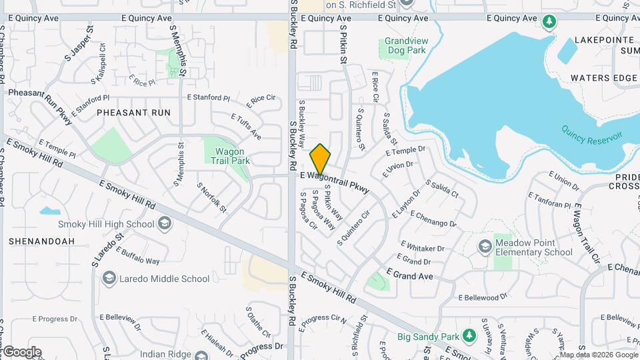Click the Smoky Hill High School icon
[x=163, y=224]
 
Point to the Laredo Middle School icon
[x=109, y=279]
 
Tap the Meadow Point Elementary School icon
[x=485, y=247]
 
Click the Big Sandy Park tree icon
[x=469, y=334]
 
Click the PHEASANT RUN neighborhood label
[x=133, y=113]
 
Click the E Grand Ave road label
[x=409, y=275]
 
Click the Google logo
[x=22, y=351]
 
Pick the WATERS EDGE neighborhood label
[x=603, y=78]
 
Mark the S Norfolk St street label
[x=212, y=197]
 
